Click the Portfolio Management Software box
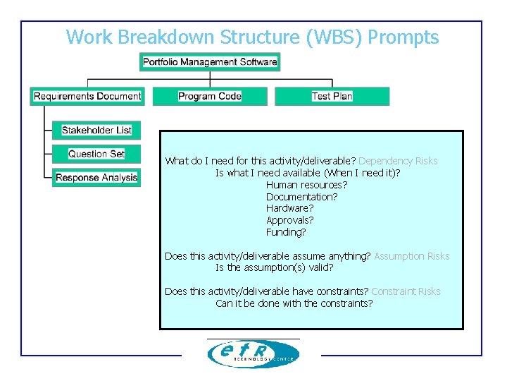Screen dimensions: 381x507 [x=210, y=62]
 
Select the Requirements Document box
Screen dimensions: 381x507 [x=87, y=96]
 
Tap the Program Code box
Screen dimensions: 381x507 [x=210, y=96]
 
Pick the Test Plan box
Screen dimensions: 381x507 [x=332, y=96]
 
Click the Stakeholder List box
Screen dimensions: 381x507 [x=96, y=130]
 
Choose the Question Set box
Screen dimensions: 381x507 [x=96, y=154]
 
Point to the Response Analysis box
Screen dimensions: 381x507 [x=96, y=178]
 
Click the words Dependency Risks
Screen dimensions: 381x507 [x=398, y=161]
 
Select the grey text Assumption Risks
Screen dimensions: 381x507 [x=411, y=256]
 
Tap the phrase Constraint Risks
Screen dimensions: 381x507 [x=406, y=291]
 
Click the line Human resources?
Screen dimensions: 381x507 [x=306, y=185]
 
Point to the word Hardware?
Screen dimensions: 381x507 [x=289, y=208]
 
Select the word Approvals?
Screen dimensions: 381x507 [x=289, y=220]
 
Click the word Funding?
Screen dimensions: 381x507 [x=286, y=232]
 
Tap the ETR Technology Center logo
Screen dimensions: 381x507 [x=254, y=353]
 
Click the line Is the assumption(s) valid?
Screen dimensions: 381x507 [x=274, y=267]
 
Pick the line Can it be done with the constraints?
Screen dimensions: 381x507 [x=294, y=303]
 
